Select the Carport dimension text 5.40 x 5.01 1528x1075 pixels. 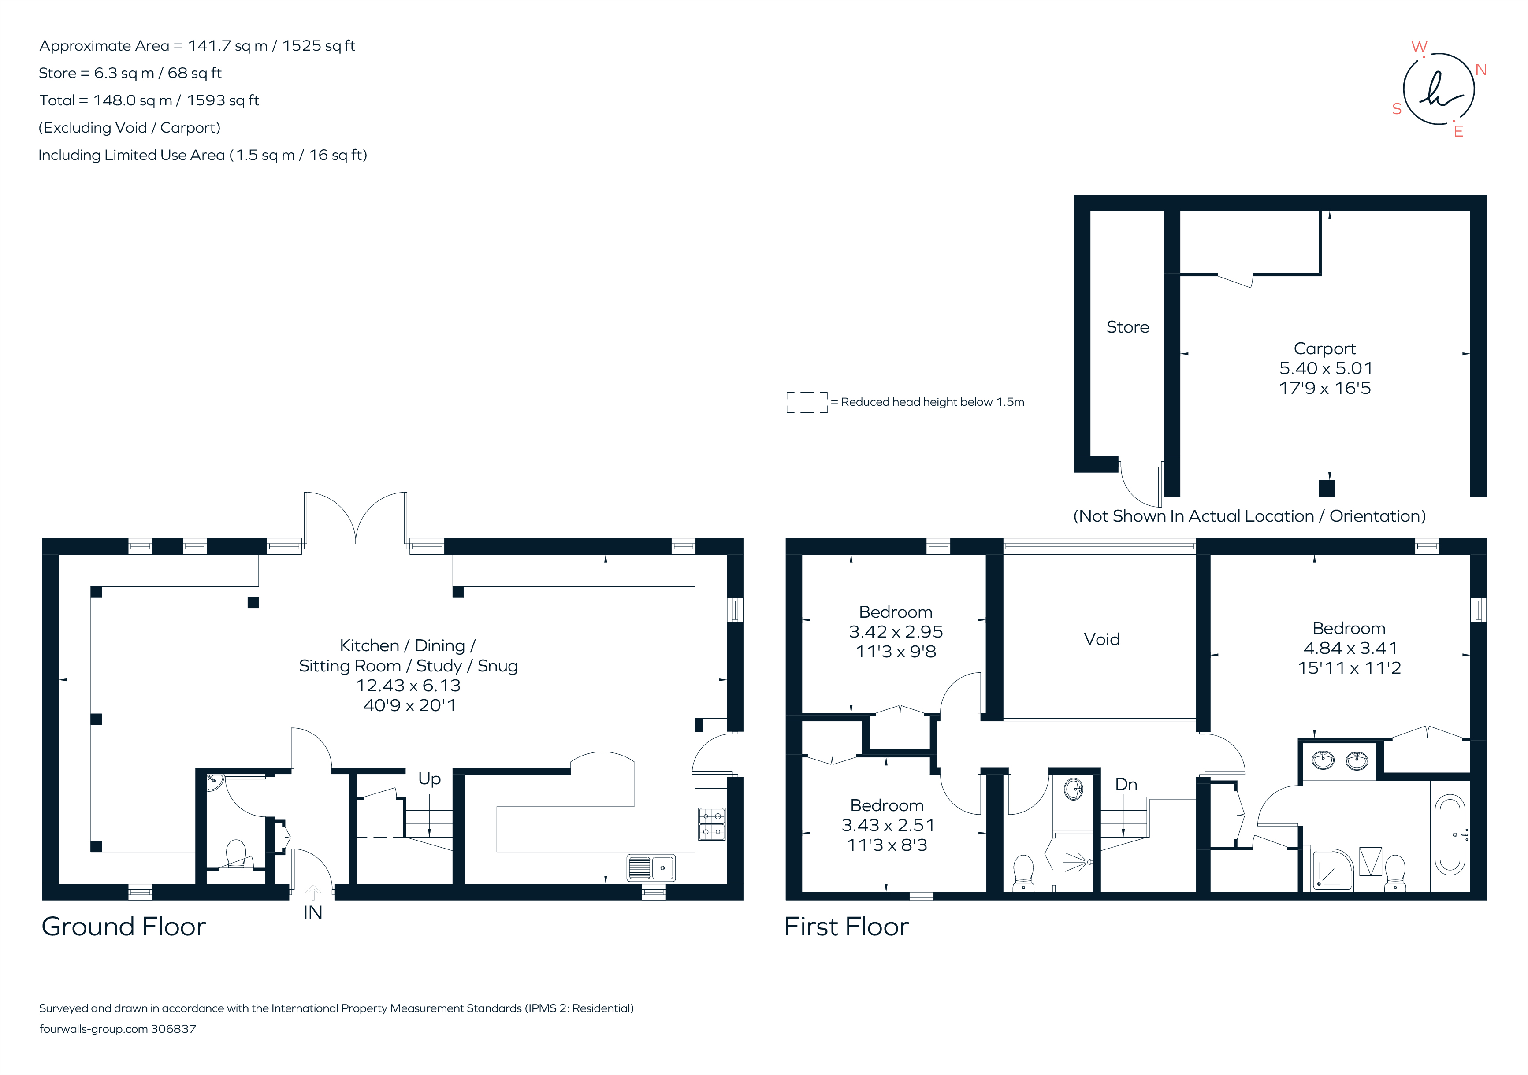(x=1325, y=368)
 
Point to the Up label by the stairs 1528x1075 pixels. (x=429, y=778)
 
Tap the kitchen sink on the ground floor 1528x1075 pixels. (x=651, y=867)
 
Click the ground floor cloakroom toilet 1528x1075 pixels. (x=236, y=853)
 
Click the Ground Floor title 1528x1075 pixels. (x=124, y=927)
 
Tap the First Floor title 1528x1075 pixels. (x=846, y=927)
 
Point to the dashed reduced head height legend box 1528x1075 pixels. (x=807, y=402)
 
